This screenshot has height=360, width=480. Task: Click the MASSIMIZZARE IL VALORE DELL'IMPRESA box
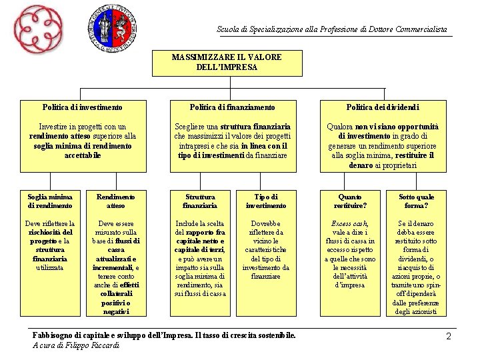[227, 62]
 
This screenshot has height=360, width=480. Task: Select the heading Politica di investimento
[82, 107]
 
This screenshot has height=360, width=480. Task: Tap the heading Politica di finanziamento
[232, 107]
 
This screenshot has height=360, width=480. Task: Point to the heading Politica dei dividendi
[383, 107]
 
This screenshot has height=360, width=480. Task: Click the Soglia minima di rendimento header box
[50, 201]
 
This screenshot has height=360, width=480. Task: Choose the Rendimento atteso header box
[115, 201]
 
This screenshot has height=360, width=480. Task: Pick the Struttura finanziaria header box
[200, 201]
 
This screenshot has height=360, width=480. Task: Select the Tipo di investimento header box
[265, 201]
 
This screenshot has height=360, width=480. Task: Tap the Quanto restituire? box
[350, 201]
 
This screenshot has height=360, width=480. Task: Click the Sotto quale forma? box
[416, 201]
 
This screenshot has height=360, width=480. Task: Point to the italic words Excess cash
[349, 223]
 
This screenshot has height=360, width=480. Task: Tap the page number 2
[449, 337]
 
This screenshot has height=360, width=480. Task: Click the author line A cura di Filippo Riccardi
[76, 345]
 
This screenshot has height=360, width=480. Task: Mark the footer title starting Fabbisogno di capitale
[163, 335]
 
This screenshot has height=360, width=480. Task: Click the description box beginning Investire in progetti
[83, 141]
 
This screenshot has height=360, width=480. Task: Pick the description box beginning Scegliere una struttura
[232, 141]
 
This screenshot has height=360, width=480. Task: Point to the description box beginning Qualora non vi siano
[383, 145]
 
